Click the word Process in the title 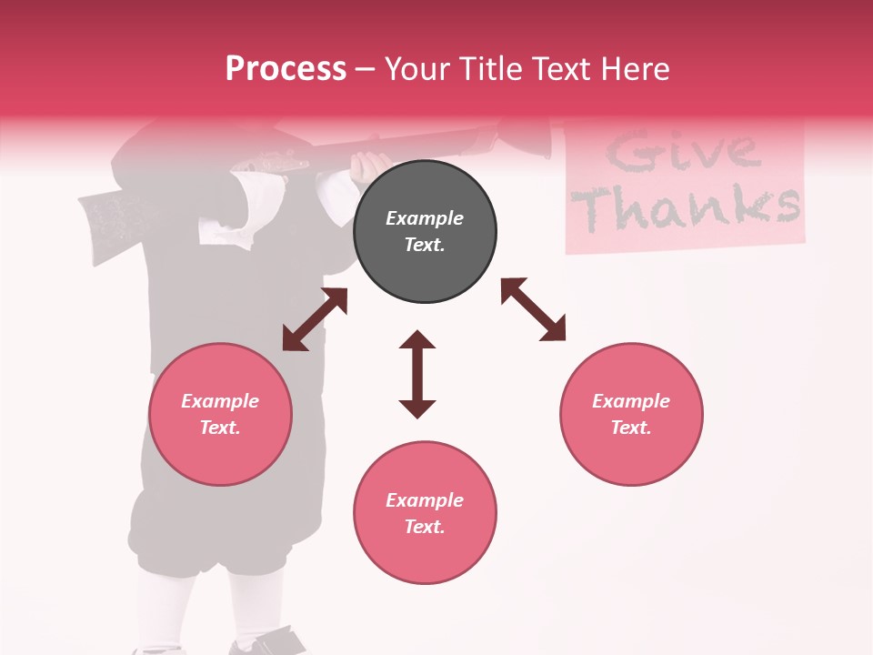pyautogui.click(x=286, y=69)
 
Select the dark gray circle pyautogui.click(x=425, y=231)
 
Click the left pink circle pyautogui.click(x=220, y=414)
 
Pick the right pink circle pyautogui.click(x=631, y=414)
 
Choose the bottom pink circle pyautogui.click(x=425, y=513)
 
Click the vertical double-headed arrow pyautogui.click(x=417, y=374)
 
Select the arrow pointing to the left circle pyautogui.click(x=315, y=319)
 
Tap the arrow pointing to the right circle pyautogui.click(x=533, y=309)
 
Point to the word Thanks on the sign pyautogui.click(x=688, y=207)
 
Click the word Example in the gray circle pyautogui.click(x=425, y=218)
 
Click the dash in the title pyautogui.click(x=365, y=69)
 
